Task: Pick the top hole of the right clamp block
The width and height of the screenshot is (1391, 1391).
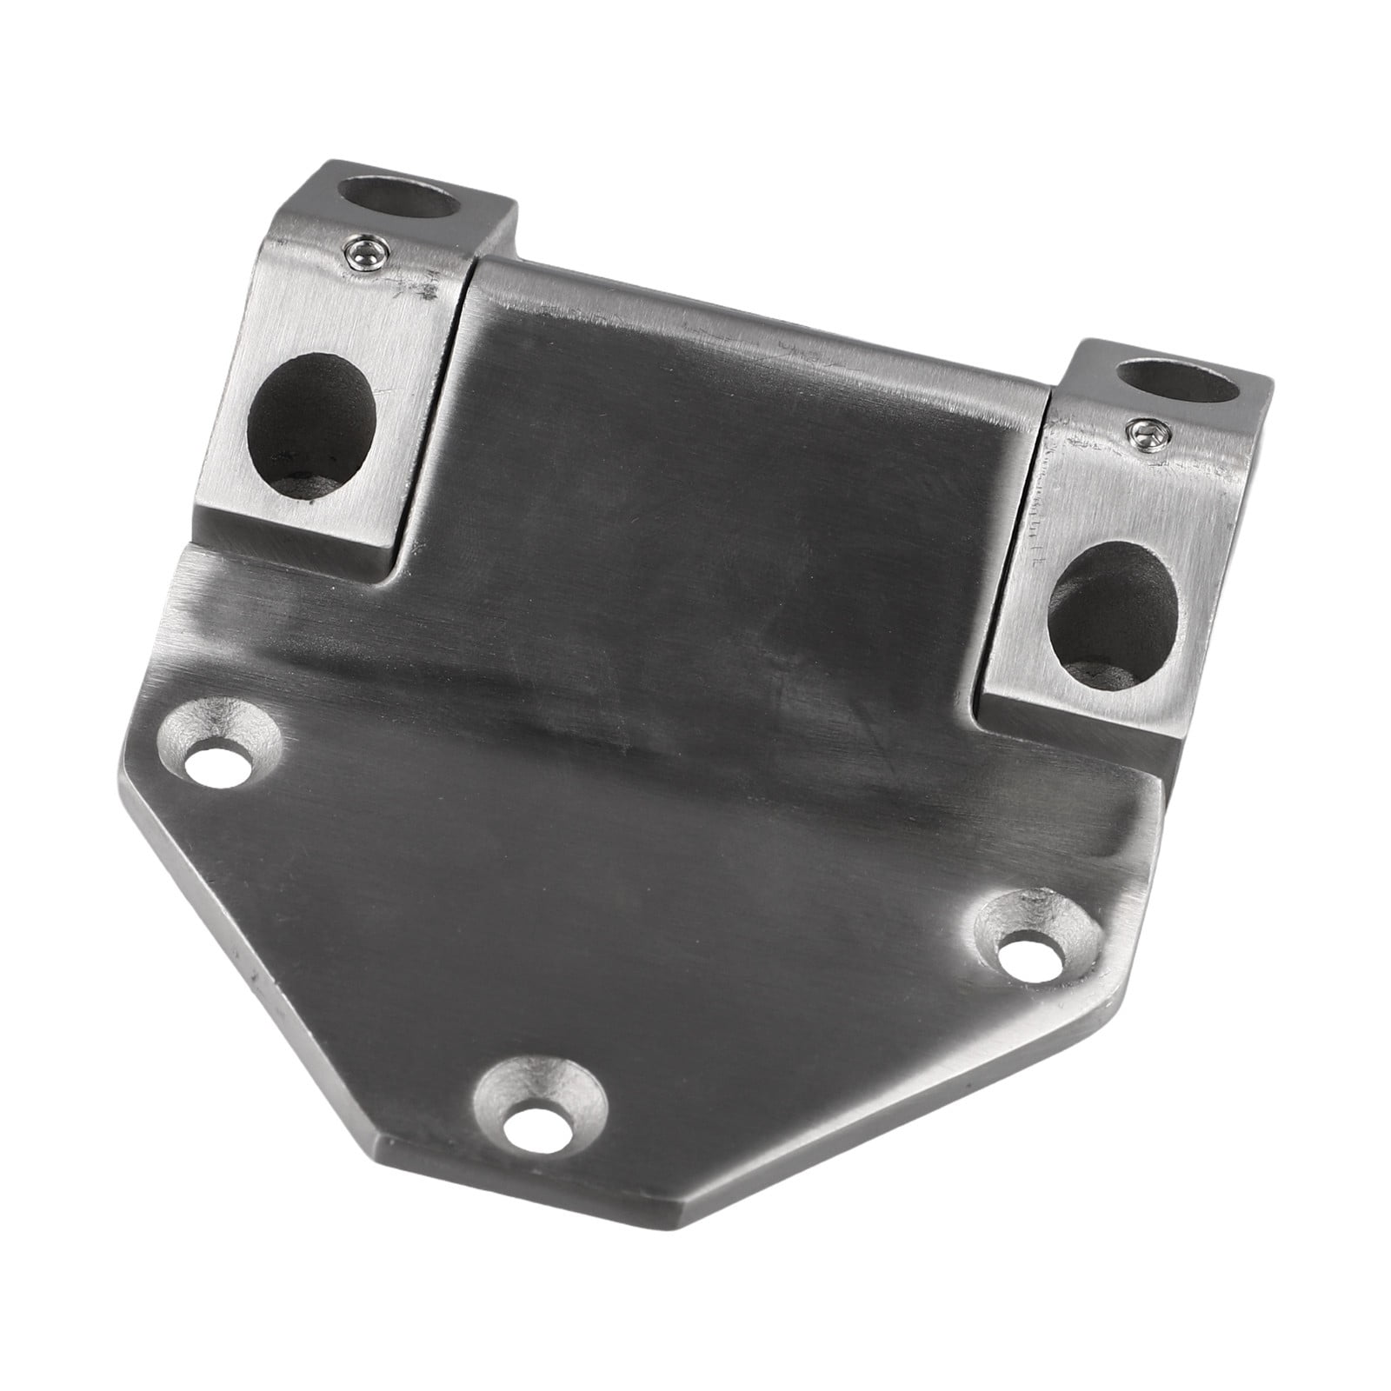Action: [x=1175, y=382]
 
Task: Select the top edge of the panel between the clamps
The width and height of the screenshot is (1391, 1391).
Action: [x=756, y=304]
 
